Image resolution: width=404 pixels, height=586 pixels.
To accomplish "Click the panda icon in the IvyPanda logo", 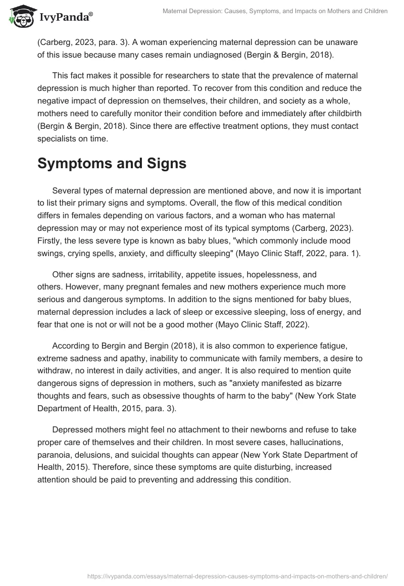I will pyautogui.click(x=20, y=17).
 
